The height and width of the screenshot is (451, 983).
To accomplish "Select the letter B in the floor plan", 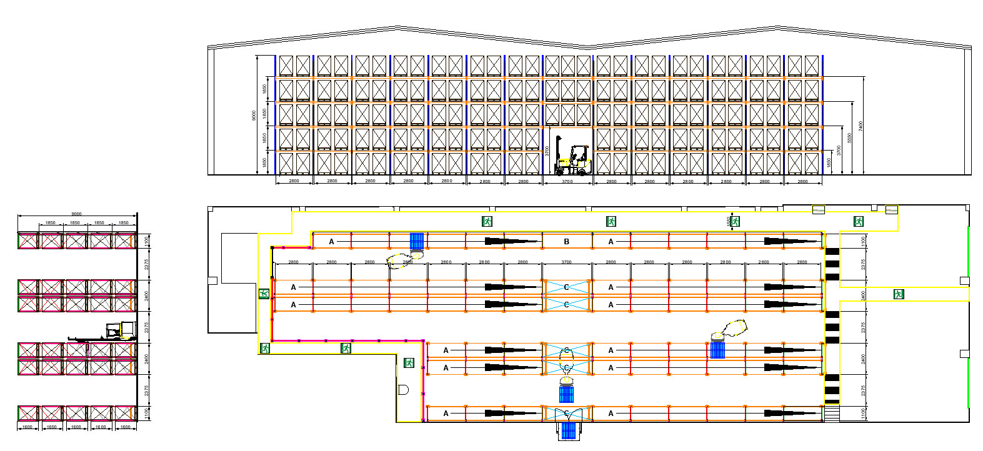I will pos(567,241).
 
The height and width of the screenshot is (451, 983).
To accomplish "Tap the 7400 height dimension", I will pos(861,126).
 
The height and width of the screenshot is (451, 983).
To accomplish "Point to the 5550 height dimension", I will pos(849,137).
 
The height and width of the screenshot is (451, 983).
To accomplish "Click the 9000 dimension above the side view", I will pos(76,214).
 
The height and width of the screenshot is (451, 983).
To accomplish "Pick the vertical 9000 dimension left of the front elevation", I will pos(254,116).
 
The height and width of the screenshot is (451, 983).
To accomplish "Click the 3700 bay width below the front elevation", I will pos(567,181).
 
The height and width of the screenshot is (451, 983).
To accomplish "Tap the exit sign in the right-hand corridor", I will pos(899,294).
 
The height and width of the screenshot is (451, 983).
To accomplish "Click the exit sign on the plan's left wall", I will pos(264,294).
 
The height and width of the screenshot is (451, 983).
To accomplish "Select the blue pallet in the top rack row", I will pos(417,240).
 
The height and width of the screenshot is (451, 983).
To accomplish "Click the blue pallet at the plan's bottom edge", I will pos(568,431).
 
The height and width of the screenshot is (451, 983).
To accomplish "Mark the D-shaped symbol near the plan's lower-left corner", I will pos(403,390).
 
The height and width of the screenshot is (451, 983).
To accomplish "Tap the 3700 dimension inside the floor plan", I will pos(567,262).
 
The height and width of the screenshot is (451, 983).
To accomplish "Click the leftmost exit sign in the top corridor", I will pos(487,221).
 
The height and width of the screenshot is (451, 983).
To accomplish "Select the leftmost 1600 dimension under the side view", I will pos(27,427).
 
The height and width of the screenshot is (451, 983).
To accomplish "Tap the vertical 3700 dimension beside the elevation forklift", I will pos(547,151).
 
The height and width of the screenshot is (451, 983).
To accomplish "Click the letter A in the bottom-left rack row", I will pos(446,414).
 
